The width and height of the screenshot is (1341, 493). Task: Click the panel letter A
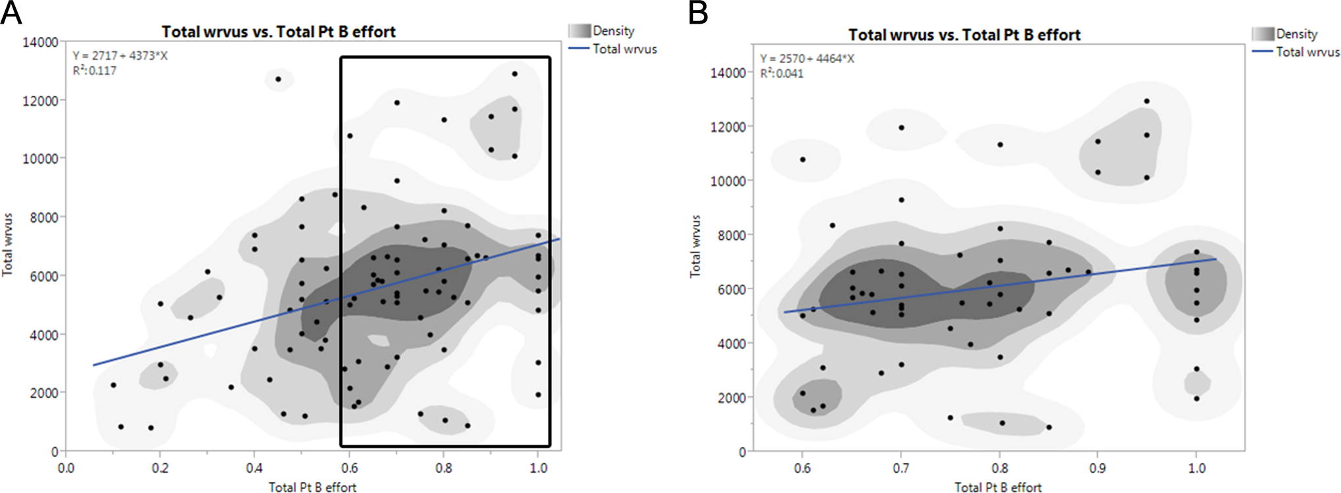click(x=11, y=12)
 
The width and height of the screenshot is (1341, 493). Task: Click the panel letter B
click(x=698, y=12)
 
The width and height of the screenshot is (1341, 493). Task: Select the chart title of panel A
click(x=279, y=32)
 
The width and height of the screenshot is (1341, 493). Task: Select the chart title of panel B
click(x=964, y=35)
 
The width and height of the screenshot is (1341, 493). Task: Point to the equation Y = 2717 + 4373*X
click(x=120, y=56)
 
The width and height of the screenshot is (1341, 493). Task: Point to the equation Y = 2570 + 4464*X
click(x=807, y=59)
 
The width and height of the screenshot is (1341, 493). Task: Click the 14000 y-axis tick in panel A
click(x=40, y=42)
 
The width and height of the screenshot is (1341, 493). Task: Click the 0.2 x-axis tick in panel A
click(x=160, y=468)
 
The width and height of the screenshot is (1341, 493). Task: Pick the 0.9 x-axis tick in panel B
click(x=1098, y=468)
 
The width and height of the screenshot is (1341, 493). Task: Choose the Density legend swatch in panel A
click(x=580, y=31)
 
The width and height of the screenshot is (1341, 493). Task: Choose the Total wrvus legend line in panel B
click(x=1263, y=52)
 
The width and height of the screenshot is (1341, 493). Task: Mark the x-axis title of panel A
click(x=312, y=487)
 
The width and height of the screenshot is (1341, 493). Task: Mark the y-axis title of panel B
click(x=695, y=246)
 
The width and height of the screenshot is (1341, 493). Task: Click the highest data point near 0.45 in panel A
click(x=278, y=79)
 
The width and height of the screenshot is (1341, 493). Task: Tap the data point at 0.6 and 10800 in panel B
click(x=803, y=160)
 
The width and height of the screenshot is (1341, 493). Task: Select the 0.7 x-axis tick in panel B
click(x=901, y=468)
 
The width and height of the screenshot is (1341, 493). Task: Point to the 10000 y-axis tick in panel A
click(x=40, y=158)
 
